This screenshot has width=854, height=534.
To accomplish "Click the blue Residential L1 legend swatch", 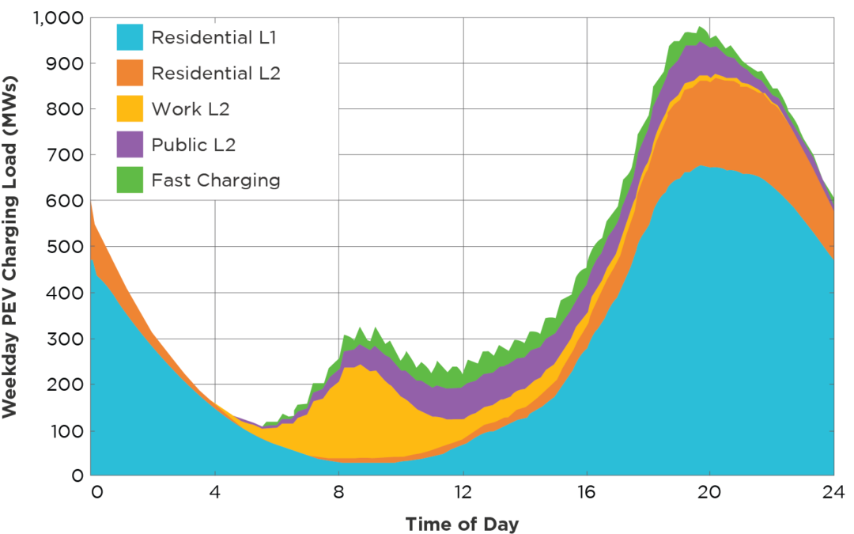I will pyautogui.click(x=130, y=37).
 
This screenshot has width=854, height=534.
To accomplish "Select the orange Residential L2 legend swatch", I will pyautogui.click(x=130, y=73).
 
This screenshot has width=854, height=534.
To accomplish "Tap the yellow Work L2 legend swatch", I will pyautogui.click(x=130, y=109).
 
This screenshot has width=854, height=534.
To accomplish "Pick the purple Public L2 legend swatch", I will pyautogui.click(x=130, y=145).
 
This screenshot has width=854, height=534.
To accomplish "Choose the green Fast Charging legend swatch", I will pyautogui.click(x=130, y=180).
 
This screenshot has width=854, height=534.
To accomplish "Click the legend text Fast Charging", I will pyautogui.click(x=215, y=180).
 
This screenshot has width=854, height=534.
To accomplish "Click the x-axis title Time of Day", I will pyautogui.click(x=462, y=523).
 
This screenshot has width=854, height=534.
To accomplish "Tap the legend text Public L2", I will pyautogui.click(x=193, y=145).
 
